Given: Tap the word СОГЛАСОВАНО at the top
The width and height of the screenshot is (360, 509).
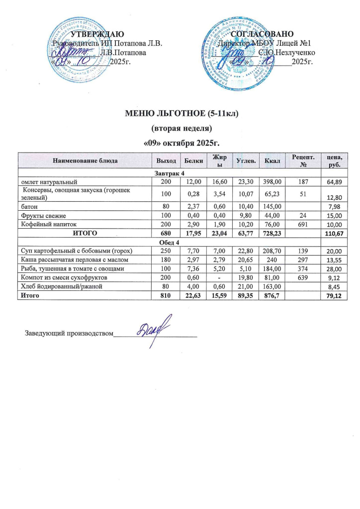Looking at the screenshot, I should click(x=263, y=34).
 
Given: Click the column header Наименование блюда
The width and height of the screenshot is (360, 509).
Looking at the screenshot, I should click(x=84, y=161).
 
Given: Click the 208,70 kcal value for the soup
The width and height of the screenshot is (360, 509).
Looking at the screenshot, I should click(x=272, y=251).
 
